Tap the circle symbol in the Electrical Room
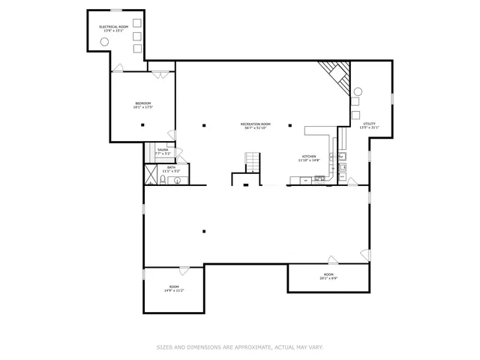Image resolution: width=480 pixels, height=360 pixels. pos(105,42)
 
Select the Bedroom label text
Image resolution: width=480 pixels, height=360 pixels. pos(142,103)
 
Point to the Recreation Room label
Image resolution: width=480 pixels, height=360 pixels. pos(255,124)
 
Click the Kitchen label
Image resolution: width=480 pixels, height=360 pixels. pos(309,157)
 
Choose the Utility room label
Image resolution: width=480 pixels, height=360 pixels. pos(369,124)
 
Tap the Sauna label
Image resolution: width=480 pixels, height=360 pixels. pos(163,150)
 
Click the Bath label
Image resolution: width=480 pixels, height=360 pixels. pos(171,168)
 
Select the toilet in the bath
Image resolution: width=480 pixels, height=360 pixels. pos(162,180)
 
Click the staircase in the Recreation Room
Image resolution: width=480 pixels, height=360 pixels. pos(253,161)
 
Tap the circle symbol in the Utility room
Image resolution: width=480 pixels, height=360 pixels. pos(357,91)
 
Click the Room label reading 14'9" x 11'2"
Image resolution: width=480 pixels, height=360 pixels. pos(173,288)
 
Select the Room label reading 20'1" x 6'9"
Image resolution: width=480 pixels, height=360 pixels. pos(328,276)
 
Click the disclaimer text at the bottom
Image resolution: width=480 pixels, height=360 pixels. pos(239,347)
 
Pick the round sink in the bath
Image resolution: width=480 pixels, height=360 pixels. pos(178,181)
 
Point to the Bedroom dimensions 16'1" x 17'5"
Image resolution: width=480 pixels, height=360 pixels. pos(142,107)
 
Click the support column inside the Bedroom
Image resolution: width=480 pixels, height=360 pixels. pos(141,124)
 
